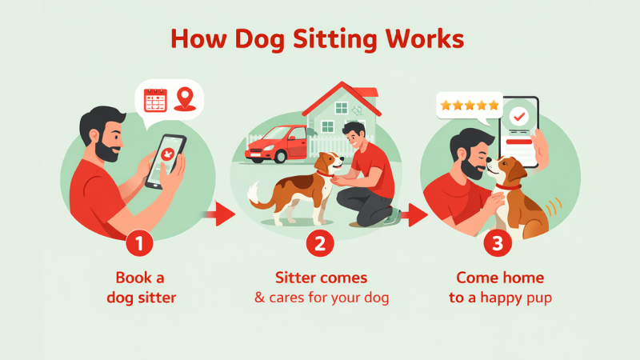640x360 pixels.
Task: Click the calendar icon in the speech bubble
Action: pos(155,100)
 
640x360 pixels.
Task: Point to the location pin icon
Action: pos(185,98)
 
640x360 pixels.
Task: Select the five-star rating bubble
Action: pos(469,105)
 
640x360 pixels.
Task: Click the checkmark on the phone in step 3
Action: pos(519,117)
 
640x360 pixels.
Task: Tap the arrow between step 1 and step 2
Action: pos(217,214)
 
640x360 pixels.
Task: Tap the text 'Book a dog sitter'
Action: pos(140,287)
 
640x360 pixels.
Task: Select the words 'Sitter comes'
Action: pos(321,278)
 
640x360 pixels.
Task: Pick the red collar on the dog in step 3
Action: pos(509,186)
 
